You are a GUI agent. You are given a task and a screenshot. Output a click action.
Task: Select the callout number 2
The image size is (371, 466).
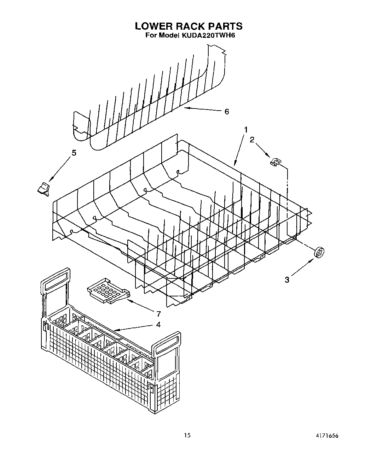[x=252, y=140]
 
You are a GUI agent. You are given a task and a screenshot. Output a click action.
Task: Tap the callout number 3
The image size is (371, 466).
[x=287, y=280]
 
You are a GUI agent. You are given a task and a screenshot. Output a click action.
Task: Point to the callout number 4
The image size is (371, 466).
[x=158, y=324]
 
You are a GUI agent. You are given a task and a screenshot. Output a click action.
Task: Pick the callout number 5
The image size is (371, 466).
[x=74, y=153]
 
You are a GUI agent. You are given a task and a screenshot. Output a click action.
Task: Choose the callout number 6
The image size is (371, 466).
[x=227, y=112]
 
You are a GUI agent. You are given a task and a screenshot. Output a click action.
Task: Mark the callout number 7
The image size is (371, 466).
[x=158, y=313]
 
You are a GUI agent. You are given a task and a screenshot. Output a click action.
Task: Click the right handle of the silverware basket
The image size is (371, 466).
[x=167, y=343]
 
